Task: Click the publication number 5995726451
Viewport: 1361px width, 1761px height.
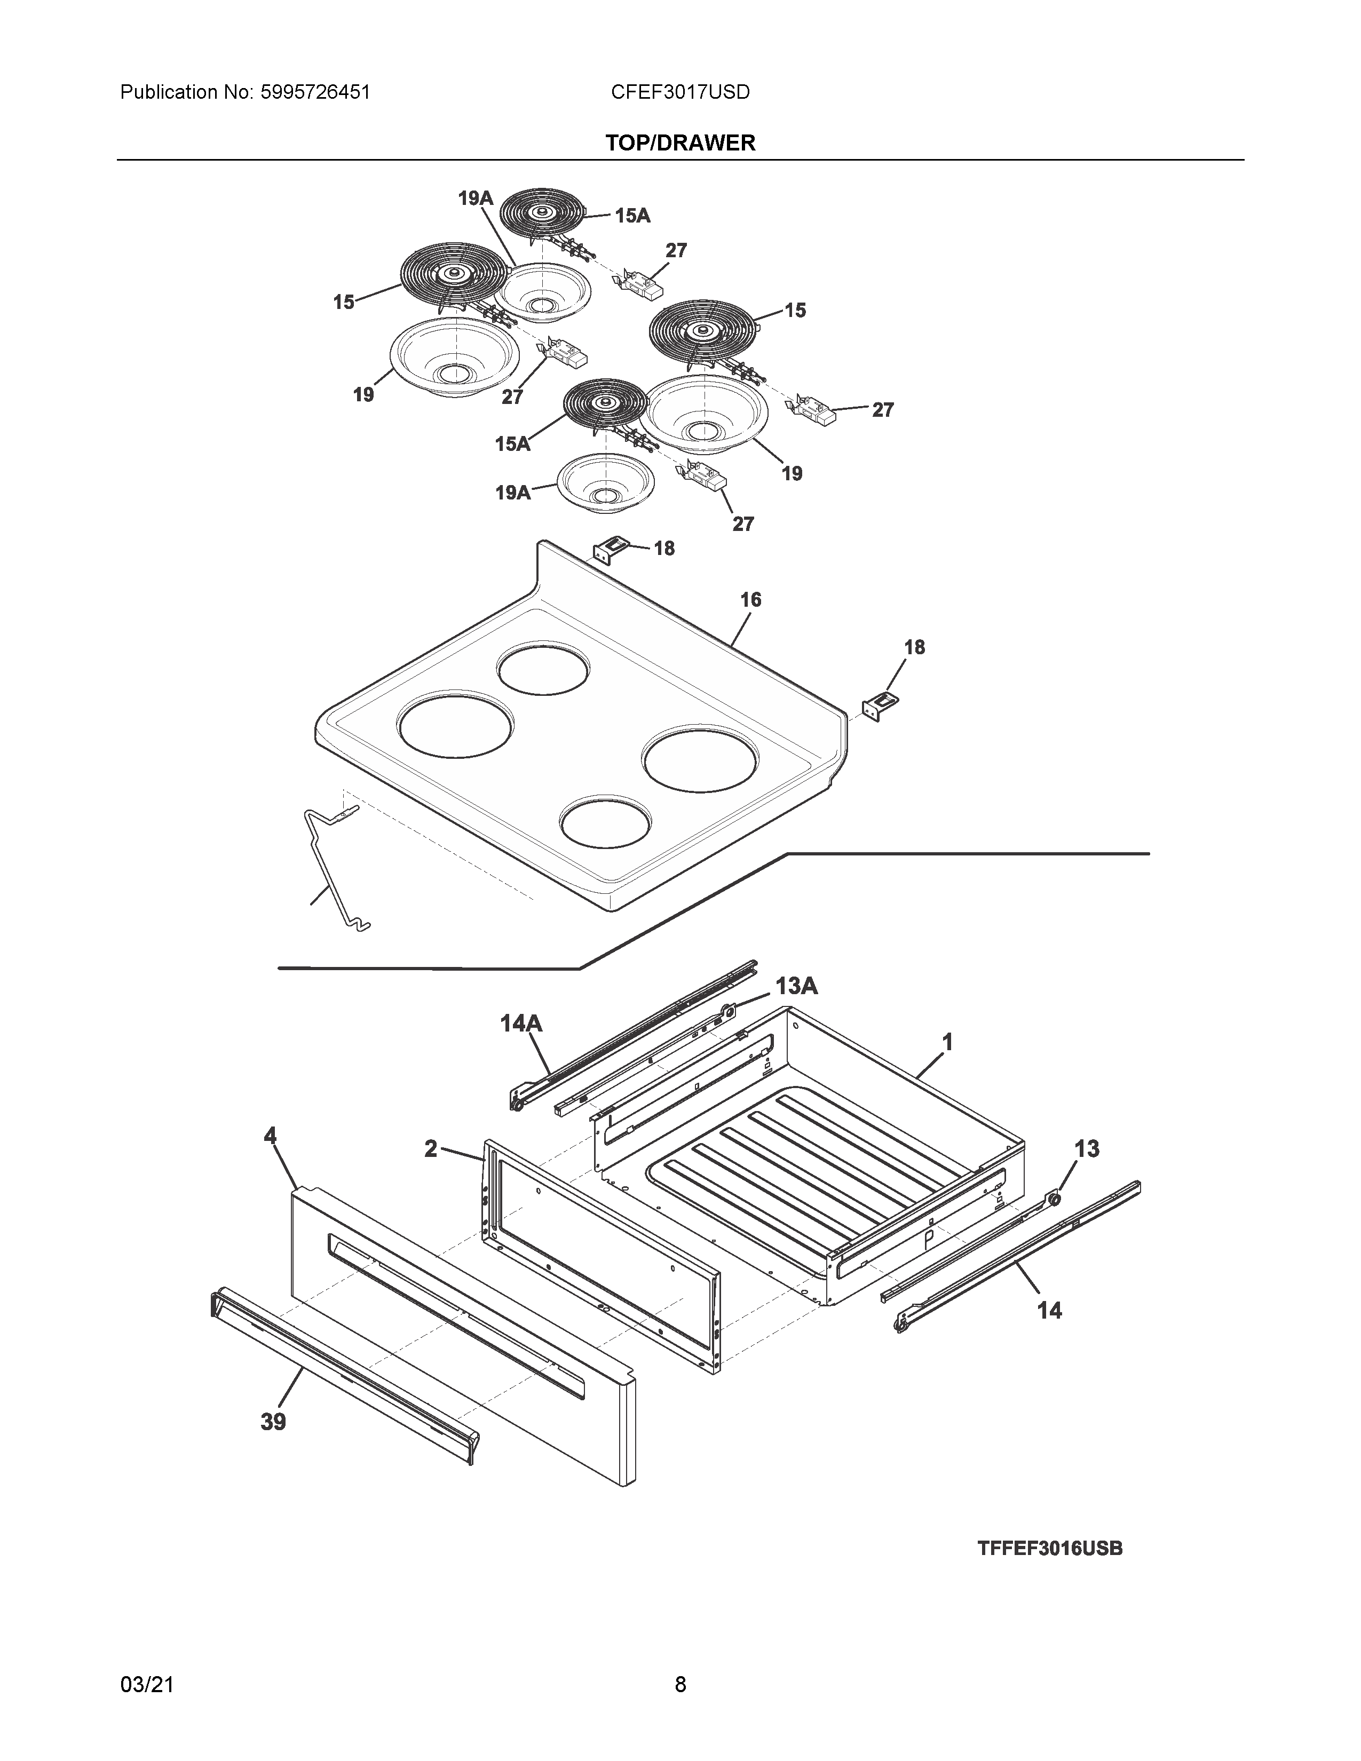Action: (x=315, y=93)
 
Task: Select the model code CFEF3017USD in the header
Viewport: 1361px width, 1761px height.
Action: (x=679, y=93)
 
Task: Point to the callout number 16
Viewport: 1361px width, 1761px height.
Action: (x=750, y=600)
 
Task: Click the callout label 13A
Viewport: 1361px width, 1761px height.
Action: (x=797, y=986)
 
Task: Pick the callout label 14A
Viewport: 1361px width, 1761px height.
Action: (x=521, y=1024)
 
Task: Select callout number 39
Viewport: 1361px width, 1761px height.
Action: (x=273, y=1422)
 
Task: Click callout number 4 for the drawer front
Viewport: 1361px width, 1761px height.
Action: (x=270, y=1136)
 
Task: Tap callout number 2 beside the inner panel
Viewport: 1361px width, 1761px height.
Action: (x=431, y=1149)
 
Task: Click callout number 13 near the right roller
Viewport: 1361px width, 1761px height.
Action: (x=1087, y=1149)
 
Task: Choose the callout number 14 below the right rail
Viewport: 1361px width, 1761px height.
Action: (x=1049, y=1311)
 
